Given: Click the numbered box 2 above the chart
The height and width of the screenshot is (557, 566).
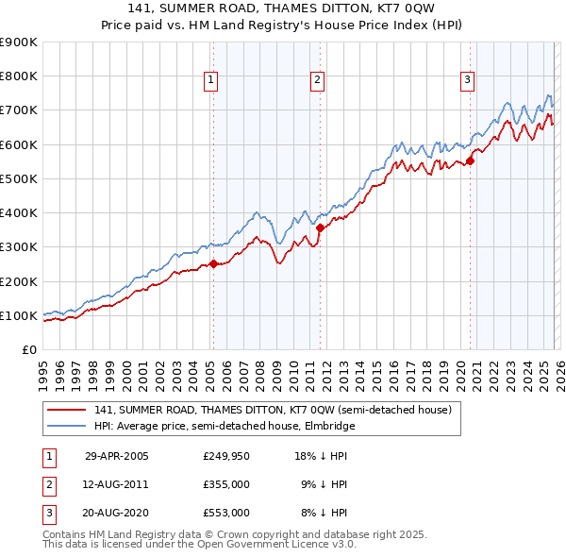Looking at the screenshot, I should click(318, 81).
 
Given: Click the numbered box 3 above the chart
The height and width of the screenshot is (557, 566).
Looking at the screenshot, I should click(467, 81).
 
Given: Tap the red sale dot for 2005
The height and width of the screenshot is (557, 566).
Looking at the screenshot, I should click(213, 264).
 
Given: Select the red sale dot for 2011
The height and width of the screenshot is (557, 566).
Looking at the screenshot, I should click(320, 228).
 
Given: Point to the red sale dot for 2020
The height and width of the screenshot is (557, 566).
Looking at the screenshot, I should click(470, 160).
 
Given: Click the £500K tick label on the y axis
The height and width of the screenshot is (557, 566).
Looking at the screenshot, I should click(19, 178).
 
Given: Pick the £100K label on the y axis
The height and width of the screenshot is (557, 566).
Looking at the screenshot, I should click(19, 315).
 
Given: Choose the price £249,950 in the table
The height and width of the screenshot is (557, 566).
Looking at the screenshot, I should click(226, 455).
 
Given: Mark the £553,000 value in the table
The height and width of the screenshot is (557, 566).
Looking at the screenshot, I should click(226, 513).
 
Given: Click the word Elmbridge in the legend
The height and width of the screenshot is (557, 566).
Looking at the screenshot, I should click(329, 426).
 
